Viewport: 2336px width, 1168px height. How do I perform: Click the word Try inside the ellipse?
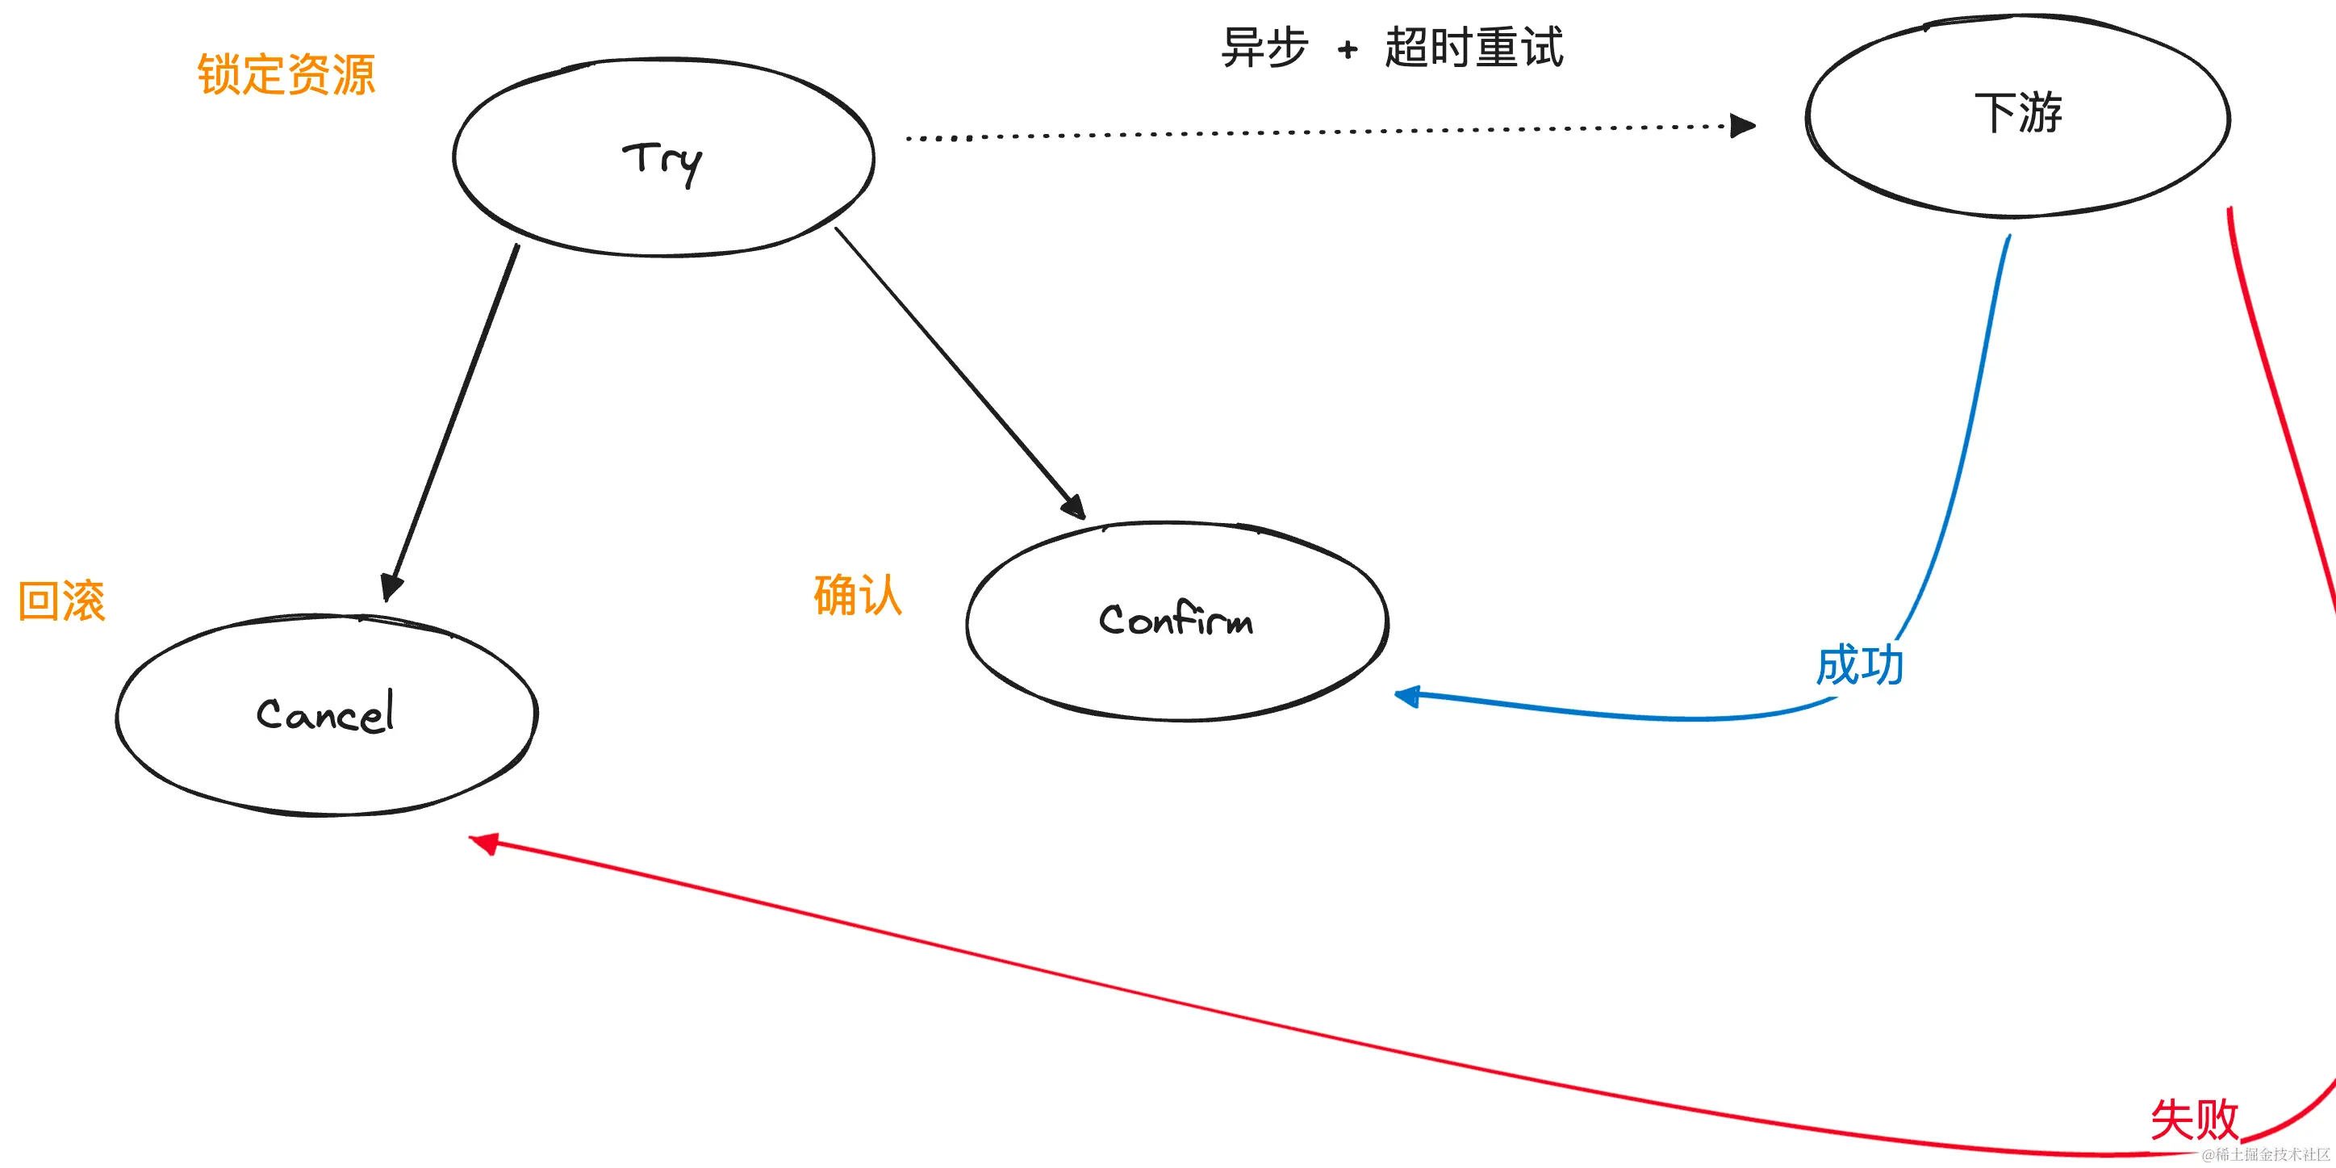click(662, 161)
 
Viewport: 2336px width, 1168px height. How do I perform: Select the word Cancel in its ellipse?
click(325, 713)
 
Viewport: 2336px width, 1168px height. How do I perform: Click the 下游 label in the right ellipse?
click(2018, 113)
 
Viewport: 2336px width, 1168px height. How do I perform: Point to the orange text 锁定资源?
click(286, 74)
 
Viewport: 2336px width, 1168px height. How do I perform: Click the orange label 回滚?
click(61, 601)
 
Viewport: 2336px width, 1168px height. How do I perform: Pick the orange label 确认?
click(857, 596)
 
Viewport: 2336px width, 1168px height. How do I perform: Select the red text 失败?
click(2194, 1119)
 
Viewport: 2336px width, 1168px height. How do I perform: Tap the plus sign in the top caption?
click(1348, 49)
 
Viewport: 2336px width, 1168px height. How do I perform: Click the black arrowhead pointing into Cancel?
click(391, 587)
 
